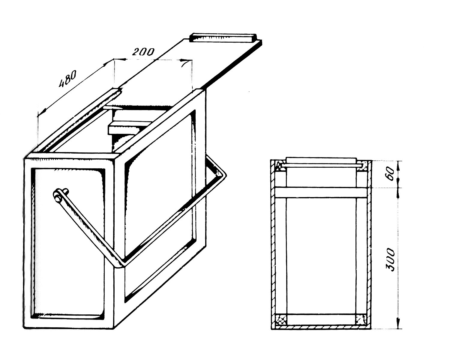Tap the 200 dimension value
pyautogui.click(x=143, y=52)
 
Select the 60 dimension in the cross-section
pyautogui.click(x=390, y=174)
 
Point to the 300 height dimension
pyautogui.click(x=390, y=259)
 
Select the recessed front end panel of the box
pyautogui.click(x=68, y=243)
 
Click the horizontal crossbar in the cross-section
pyautogui.click(x=321, y=192)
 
